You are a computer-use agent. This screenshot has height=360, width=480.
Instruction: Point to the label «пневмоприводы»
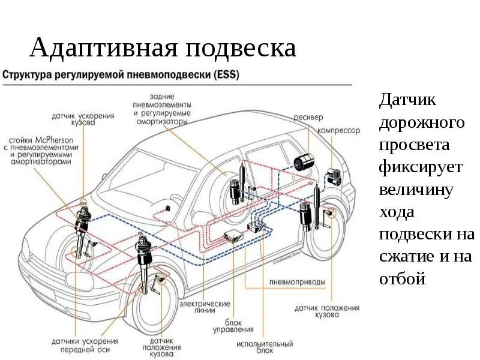[x=289, y=281]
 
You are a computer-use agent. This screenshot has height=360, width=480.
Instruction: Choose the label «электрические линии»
[x=205, y=307]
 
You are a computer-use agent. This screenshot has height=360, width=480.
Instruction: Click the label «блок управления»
[x=233, y=326]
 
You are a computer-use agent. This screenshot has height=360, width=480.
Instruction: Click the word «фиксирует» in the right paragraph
[x=421, y=167]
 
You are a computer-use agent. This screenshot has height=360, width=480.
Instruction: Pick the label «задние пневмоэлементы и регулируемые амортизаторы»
[x=161, y=109]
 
